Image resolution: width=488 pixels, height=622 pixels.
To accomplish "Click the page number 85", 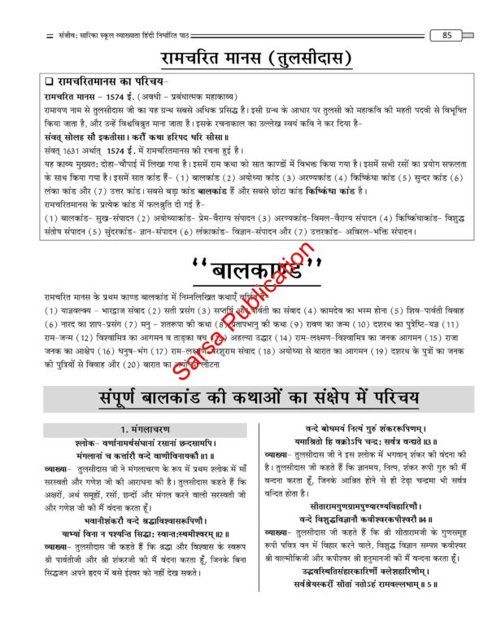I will [x=447, y=35].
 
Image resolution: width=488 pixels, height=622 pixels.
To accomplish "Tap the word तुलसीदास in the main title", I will [x=312, y=59].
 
